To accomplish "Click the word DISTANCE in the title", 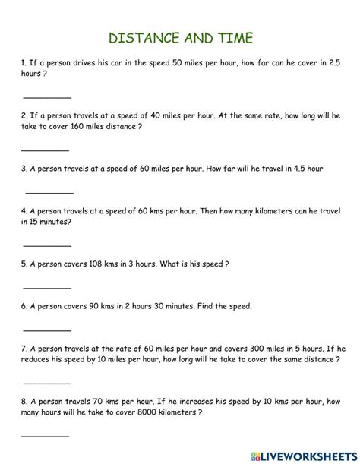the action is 144,38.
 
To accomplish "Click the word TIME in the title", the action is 232,38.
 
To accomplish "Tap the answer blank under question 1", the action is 47,97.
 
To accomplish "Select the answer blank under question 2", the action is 47,151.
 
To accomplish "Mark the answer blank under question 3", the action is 48,192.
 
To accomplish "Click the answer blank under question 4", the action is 47,245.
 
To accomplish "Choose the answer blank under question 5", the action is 47,288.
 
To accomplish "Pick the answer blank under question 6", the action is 47,330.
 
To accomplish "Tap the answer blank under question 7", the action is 47,382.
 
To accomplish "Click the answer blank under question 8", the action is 45,435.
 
